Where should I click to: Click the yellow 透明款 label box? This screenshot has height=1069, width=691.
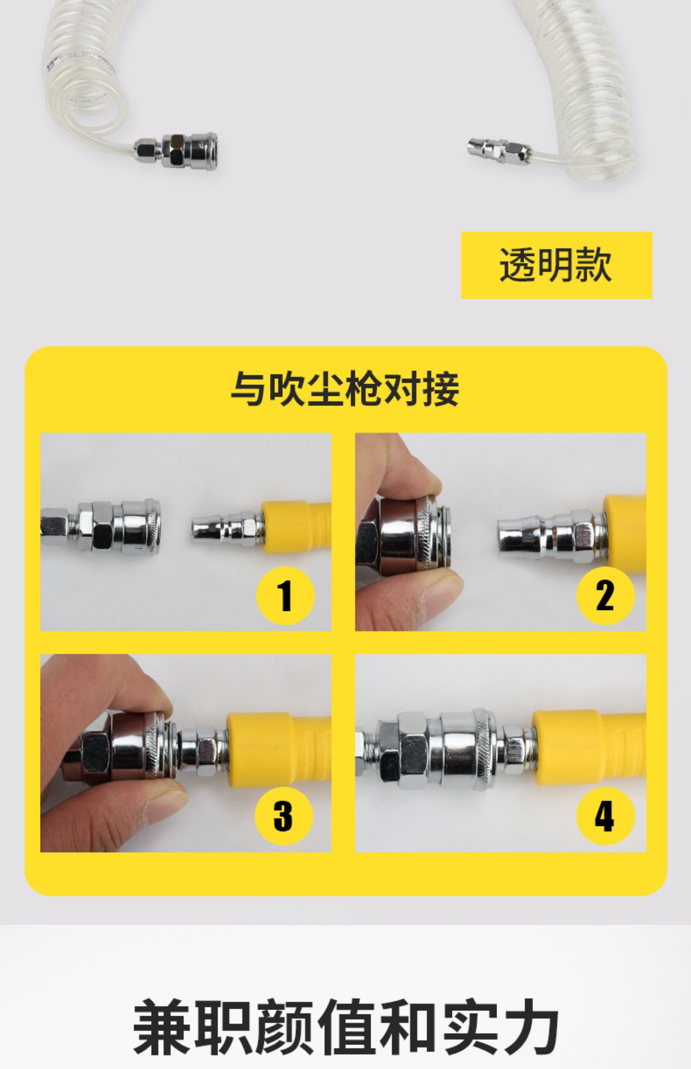[556, 265]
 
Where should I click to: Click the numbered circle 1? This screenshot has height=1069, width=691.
[286, 596]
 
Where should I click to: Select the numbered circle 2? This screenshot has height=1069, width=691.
[605, 596]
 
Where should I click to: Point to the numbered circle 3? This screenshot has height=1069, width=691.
[284, 816]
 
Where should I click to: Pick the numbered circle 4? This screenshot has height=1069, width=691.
[605, 816]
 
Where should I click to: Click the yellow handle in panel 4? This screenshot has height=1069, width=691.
[589, 749]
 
